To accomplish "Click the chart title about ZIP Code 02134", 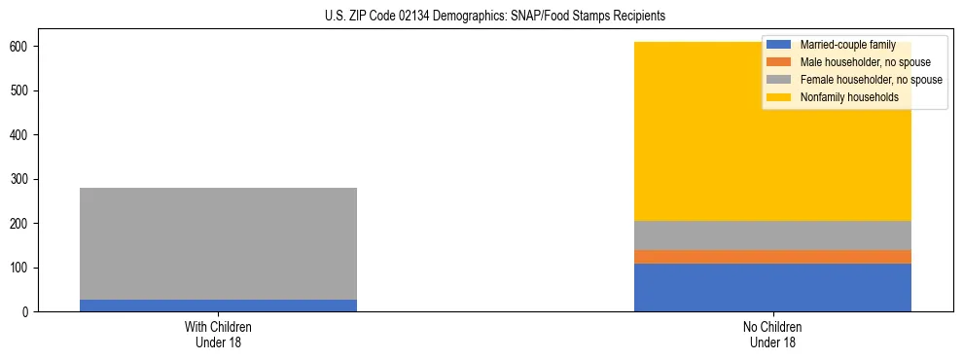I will point(495,17).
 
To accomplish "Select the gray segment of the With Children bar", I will point(218,243).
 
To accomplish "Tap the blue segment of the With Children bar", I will point(218,306).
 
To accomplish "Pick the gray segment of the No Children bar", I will point(772,235).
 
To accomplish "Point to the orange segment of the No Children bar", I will point(772,257).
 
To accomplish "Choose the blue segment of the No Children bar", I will point(772,288).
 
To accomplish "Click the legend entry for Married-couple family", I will point(847,45).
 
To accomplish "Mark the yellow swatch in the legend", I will point(779,97).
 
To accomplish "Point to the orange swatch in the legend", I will point(779,62).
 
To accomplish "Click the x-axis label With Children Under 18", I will point(218,334).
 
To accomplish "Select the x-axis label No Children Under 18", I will point(772,334).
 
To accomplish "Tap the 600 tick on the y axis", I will point(18,47).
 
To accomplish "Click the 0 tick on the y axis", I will point(25,312).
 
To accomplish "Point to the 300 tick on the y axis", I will point(18,179).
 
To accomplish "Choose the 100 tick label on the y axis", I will point(18,268).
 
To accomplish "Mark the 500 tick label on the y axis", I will point(18,90).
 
